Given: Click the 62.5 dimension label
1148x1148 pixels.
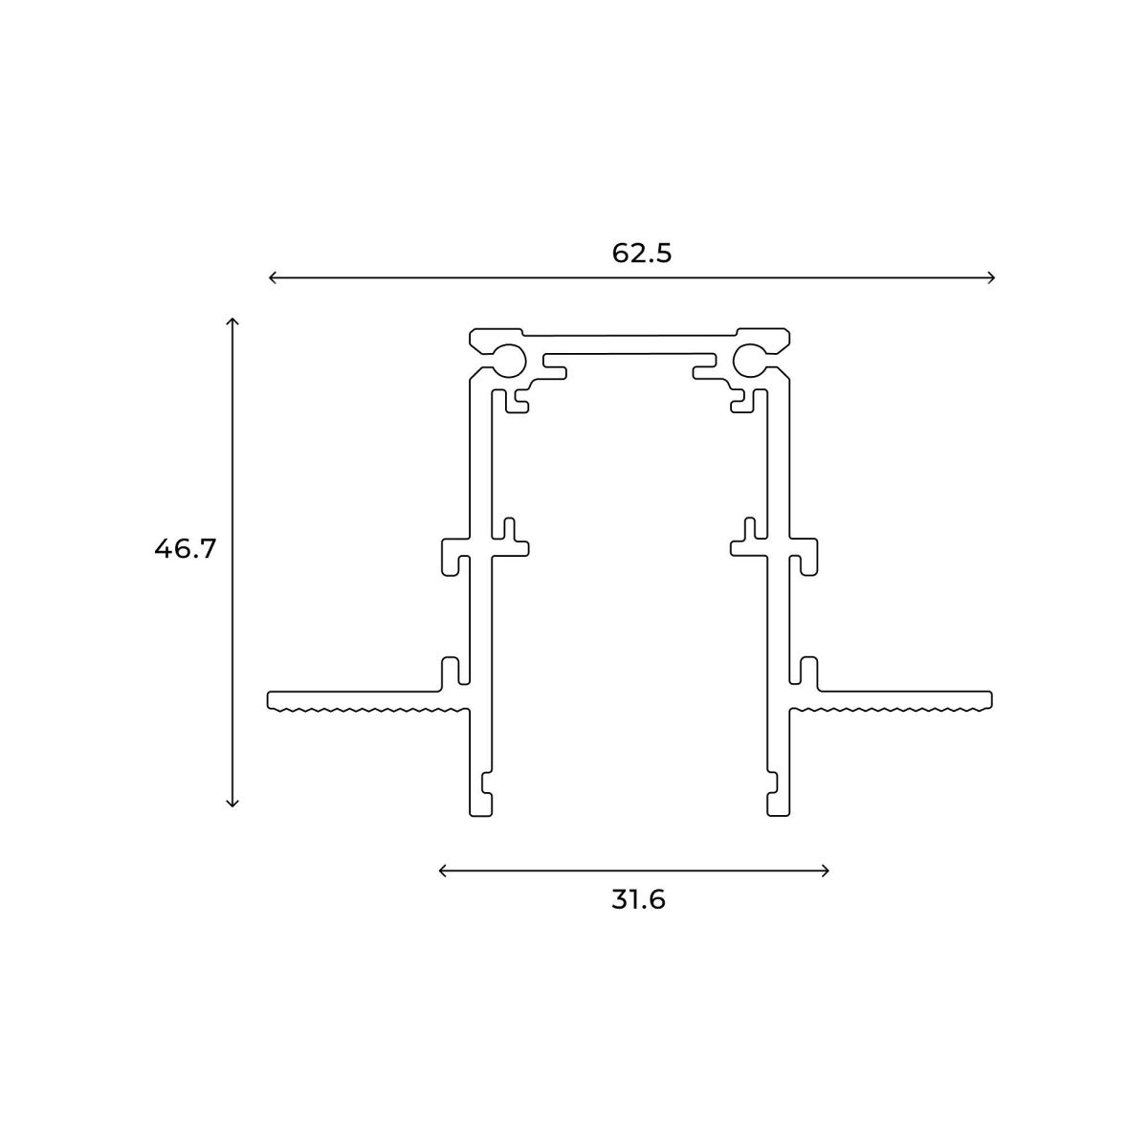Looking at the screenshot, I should (642, 254).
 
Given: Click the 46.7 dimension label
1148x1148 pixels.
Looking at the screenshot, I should (186, 549).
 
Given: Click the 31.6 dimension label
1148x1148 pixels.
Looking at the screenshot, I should (638, 900).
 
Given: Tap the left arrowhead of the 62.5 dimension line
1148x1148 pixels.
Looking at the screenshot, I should (271, 277).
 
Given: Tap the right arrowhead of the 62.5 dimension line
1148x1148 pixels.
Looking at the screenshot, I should (994, 277).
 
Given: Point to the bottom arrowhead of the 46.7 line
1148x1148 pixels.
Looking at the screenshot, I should (232, 805).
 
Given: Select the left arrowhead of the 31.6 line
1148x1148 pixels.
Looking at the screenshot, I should (441, 870).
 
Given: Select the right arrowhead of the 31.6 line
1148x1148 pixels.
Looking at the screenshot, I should (827, 870).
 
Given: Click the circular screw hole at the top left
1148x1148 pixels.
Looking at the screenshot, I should (509, 359).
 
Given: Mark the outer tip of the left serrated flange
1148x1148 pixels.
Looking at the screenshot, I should (270, 700).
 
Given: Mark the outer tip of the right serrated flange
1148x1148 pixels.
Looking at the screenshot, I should (991, 700).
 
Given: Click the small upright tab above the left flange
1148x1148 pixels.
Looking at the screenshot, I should (448, 673).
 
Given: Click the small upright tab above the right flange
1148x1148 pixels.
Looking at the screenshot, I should (809, 673).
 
